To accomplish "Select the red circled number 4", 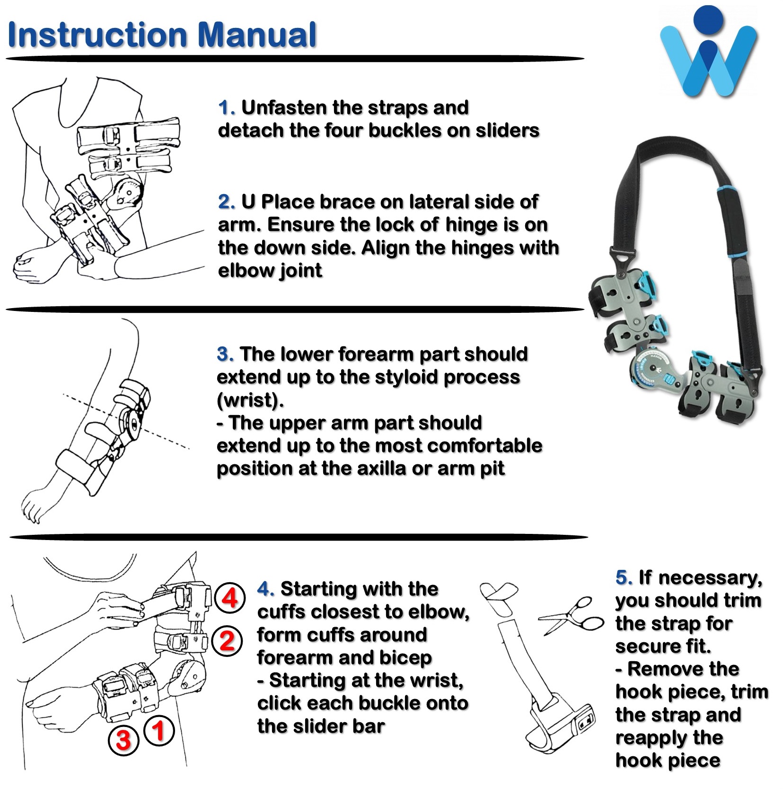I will pos(229,599).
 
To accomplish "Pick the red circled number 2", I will pos(228,640).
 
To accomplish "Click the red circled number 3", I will pos(123,739).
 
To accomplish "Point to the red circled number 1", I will pos(159,730).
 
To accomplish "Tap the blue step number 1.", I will pos(226,108).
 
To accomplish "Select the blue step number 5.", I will pos(624,577).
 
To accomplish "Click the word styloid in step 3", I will pos(409,377).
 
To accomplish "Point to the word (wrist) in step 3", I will pos(250,400).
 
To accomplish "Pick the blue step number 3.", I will pos(225,354).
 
